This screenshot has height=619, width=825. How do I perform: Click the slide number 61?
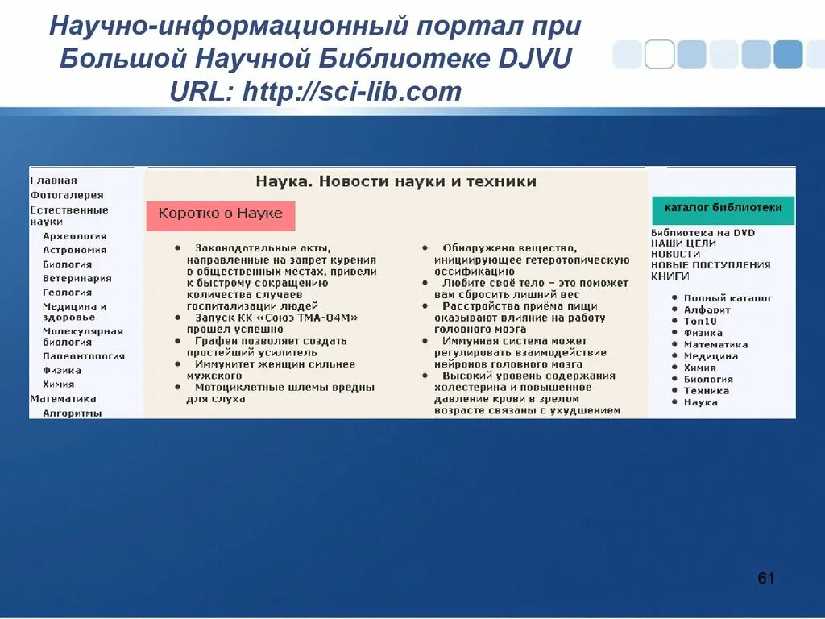pos(765,579)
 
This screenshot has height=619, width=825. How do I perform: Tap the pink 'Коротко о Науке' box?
pos(221,214)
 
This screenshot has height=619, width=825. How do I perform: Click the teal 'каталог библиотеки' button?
pos(723,208)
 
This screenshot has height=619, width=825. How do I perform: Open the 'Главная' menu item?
pos(53,181)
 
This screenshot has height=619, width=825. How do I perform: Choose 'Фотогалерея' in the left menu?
pos(67,195)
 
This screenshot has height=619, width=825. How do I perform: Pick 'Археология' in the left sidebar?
pos(74,236)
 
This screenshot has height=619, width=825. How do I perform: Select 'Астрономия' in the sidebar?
pos(74,250)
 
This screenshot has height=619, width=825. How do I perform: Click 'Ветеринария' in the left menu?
pos(77,278)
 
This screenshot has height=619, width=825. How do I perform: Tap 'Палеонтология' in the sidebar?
pos(84,355)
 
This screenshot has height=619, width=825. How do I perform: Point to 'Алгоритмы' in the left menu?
pos(72,413)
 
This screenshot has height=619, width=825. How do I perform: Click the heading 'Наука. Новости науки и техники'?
pos(396,182)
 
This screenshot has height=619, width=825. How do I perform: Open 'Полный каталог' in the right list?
pos(728,298)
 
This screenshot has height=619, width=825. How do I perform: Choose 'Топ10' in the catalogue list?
pos(699,321)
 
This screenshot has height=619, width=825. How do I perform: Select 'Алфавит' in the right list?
pos(707,309)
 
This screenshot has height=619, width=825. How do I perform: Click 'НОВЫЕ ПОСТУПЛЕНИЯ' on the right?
pos(710,264)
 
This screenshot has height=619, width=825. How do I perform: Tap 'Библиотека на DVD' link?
pos(703,232)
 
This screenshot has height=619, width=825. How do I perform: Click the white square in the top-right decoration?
pos(659,54)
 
